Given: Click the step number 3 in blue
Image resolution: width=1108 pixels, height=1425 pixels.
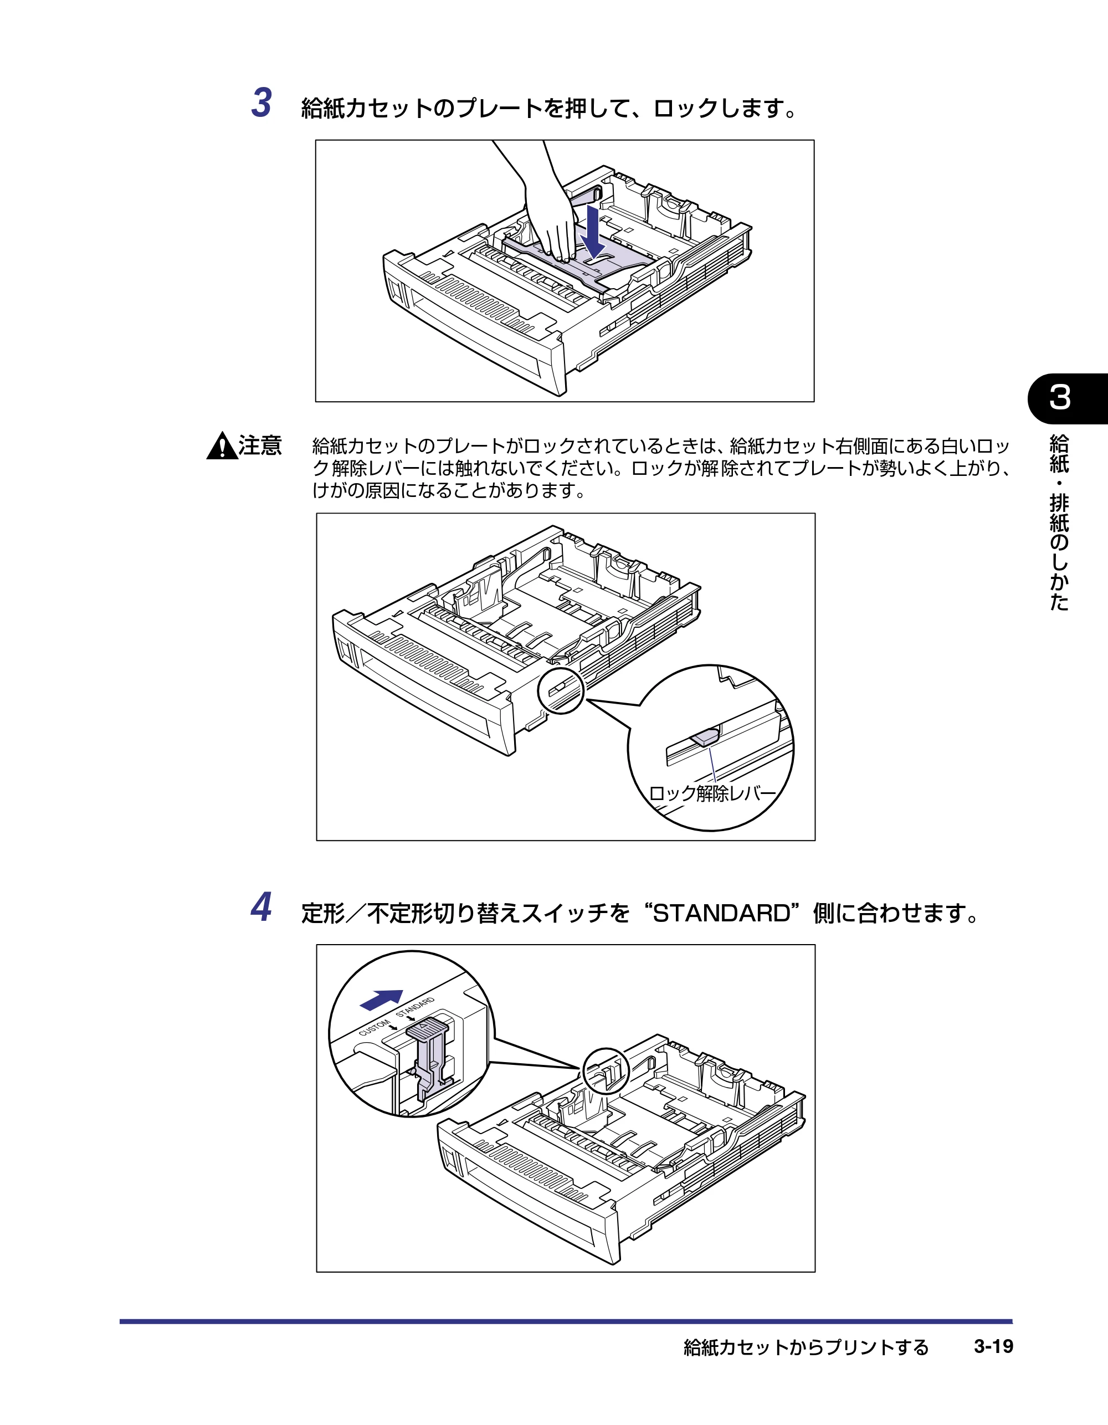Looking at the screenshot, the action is point(261,103).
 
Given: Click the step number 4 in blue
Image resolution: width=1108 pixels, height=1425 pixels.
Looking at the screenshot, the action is point(261,908).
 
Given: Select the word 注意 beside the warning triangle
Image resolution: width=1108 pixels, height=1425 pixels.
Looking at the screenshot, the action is point(260,445).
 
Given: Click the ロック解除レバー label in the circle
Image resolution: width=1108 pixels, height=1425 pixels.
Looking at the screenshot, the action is point(712,793).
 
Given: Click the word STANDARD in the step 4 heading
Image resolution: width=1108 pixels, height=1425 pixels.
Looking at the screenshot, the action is point(721,913).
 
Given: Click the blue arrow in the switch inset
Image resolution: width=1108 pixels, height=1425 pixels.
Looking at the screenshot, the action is point(381,999).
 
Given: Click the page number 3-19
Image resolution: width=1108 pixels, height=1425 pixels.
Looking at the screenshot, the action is point(993,1346).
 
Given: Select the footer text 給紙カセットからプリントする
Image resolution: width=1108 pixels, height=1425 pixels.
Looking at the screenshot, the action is point(806,1347).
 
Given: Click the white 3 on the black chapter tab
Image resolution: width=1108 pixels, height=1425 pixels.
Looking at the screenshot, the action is point(1060,397).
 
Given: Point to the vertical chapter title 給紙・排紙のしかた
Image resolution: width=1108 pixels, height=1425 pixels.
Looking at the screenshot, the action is point(1059,522).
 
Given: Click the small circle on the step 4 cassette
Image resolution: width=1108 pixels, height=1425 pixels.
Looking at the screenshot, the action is point(605,1070).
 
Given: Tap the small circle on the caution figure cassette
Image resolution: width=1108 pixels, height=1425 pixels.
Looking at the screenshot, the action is point(561,690).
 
